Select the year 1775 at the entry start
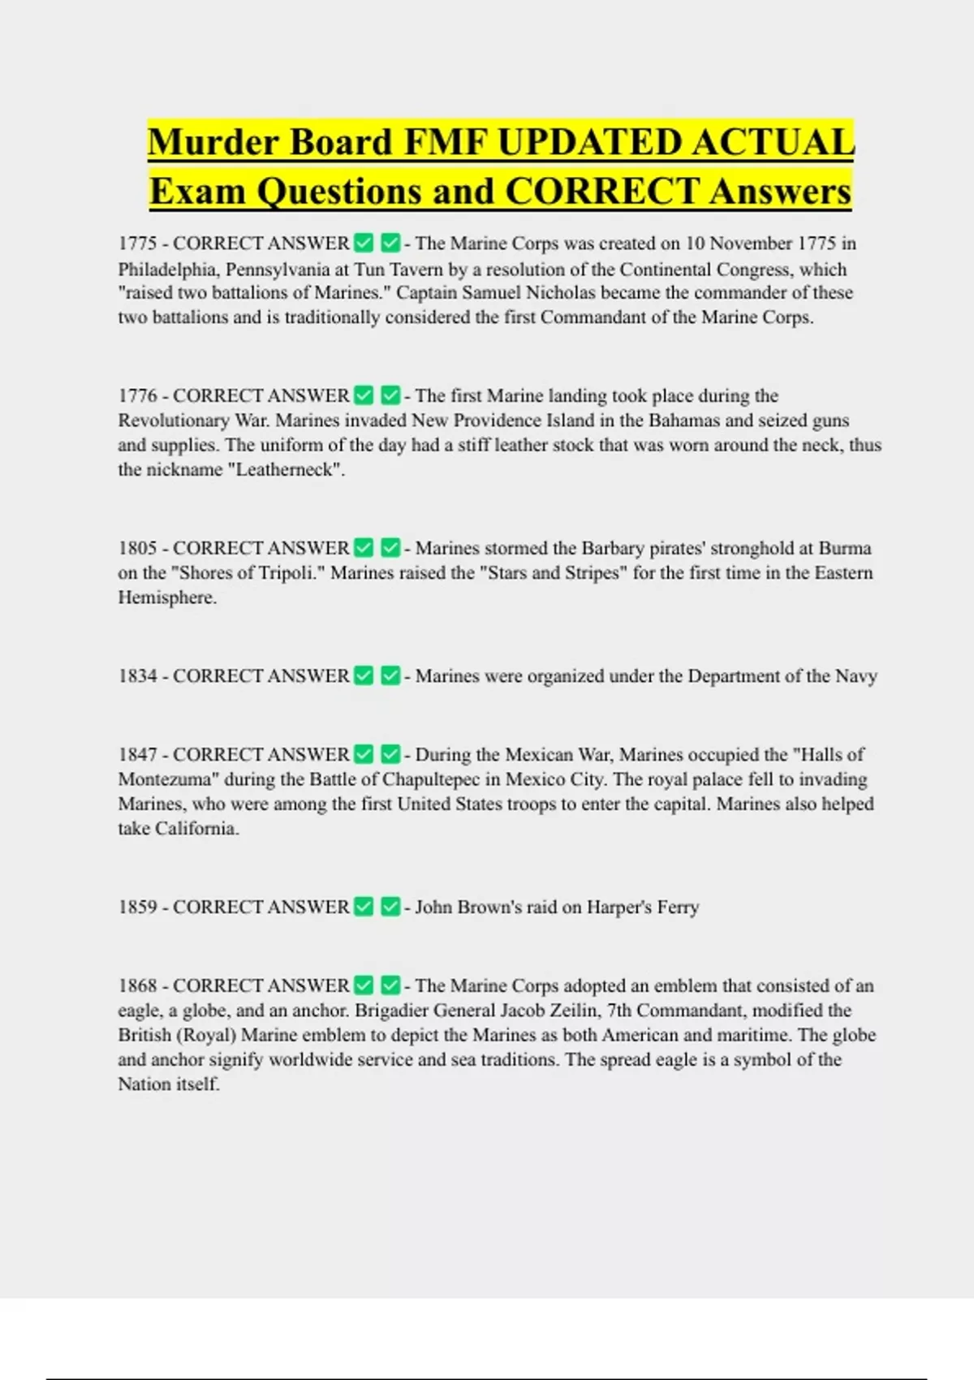(137, 244)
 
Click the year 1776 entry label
(137, 396)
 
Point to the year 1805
(137, 549)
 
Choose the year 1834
(137, 676)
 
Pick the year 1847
(137, 755)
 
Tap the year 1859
(137, 908)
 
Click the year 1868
(137, 986)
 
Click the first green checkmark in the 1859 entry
(364, 907)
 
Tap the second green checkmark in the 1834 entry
(390, 675)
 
